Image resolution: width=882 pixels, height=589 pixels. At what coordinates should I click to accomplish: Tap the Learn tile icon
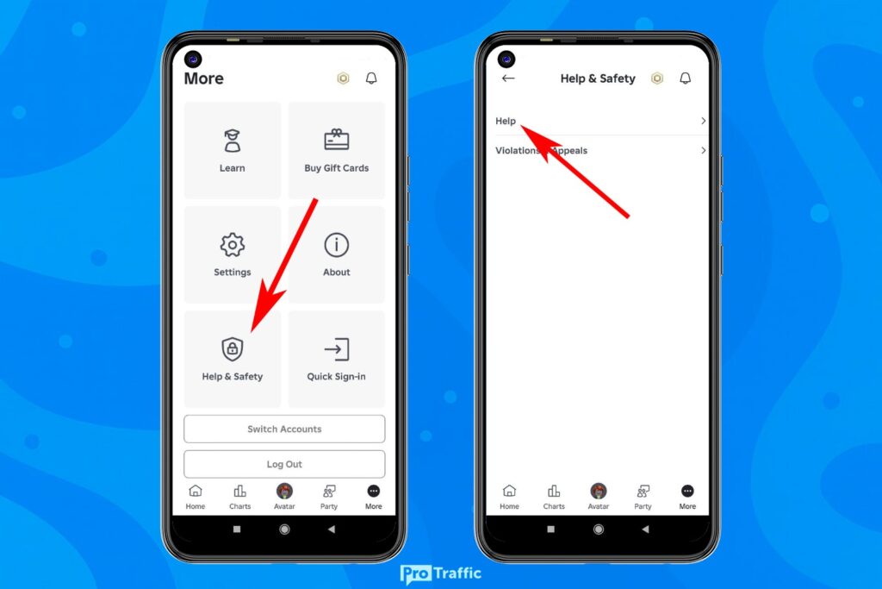(233, 141)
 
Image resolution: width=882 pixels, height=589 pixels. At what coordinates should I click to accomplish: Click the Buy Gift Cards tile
(337, 150)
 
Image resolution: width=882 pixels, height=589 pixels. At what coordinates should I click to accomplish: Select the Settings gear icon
(233, 245)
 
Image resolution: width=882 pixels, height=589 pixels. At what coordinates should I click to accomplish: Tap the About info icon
(337, 245)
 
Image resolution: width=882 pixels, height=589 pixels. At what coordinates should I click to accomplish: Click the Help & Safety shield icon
(233, 349)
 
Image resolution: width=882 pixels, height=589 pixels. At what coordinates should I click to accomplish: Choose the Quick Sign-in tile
(337, 359)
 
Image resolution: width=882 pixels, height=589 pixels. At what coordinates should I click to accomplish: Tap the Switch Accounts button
(284, 429)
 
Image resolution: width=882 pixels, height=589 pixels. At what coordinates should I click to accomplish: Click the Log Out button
(284, 464)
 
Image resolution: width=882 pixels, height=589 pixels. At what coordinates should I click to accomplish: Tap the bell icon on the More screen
(371, 78)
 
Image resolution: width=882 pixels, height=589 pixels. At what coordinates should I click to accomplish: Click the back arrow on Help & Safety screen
(508, 78)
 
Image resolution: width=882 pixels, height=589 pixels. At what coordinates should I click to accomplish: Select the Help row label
(506, 121)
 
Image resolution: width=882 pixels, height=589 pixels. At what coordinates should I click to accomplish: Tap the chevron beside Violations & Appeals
(703, 150)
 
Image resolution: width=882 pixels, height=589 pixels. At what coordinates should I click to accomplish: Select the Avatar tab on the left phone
(284, 497)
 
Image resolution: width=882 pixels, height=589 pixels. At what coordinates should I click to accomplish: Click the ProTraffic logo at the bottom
(441, 573)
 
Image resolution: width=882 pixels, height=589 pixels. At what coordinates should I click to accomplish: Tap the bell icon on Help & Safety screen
(685, 78)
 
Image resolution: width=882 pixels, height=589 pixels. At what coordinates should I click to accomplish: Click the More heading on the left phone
(203, 78)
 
